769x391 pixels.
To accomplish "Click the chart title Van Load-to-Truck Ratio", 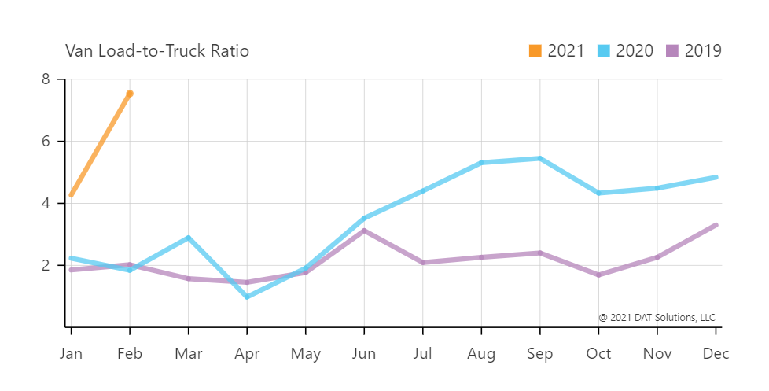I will [x=157, y=52].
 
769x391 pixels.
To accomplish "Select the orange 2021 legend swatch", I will [x=535, y=51].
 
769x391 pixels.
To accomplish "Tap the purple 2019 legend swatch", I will [x=673, y=51].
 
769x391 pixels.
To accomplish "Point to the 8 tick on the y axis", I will [x=46, y=79].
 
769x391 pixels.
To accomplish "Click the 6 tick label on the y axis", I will [x=46, y=142].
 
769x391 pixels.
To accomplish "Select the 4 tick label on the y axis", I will [x=46, y=203].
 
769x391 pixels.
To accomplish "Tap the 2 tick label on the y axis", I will [x=46, y=265].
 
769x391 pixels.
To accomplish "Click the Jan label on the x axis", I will [x=71, y=354].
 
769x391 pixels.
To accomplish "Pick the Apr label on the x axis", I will [x=247, y=354].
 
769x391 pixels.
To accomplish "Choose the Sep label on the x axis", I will [x=539, y=354].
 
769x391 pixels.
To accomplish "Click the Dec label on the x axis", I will [x=715, y=354].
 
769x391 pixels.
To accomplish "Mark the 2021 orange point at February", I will [x=130, y=94].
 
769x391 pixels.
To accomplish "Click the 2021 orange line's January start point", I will [x=72, y=194].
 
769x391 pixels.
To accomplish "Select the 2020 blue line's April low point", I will [x=247, y=297].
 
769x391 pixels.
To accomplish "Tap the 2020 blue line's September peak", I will [x=539, y=158].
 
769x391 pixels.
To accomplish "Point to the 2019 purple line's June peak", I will [x=364, y=231].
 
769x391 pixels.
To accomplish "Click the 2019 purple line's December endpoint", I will [x=715, y=225].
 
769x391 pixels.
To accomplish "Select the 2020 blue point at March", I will [x=188, y=238].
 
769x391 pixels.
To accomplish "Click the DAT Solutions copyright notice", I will [x=657, y=318].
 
